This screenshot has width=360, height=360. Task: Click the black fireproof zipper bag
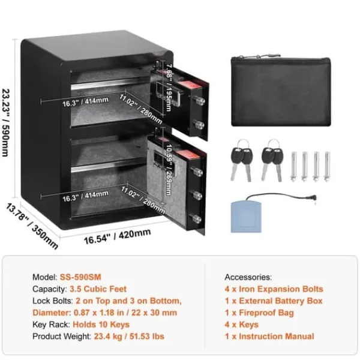click(281, 91)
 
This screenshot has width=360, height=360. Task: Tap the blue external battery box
click(246, 217)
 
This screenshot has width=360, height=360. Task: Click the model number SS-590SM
click(80, 277)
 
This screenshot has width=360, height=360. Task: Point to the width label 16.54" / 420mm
click(118, 236)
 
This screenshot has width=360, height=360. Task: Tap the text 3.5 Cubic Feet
click(98, 289)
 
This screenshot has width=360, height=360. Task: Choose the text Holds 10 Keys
click(101, 325)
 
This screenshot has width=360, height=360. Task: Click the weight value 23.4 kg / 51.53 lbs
click(129, 337)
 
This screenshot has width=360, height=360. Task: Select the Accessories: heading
click(248, 277)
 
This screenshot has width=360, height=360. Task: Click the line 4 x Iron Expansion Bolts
click(274, 289)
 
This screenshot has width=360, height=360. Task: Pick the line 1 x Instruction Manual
click(269, 337)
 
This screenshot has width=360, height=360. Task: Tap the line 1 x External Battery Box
click(274, 301)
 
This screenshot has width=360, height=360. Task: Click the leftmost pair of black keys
click(241, 160)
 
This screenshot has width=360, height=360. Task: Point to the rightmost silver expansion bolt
click(327, 166)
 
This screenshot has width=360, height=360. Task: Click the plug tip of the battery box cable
click(314, 197)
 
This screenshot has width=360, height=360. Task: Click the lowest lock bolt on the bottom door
click(196, 218)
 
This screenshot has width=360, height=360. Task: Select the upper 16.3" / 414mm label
click(85, 102)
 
